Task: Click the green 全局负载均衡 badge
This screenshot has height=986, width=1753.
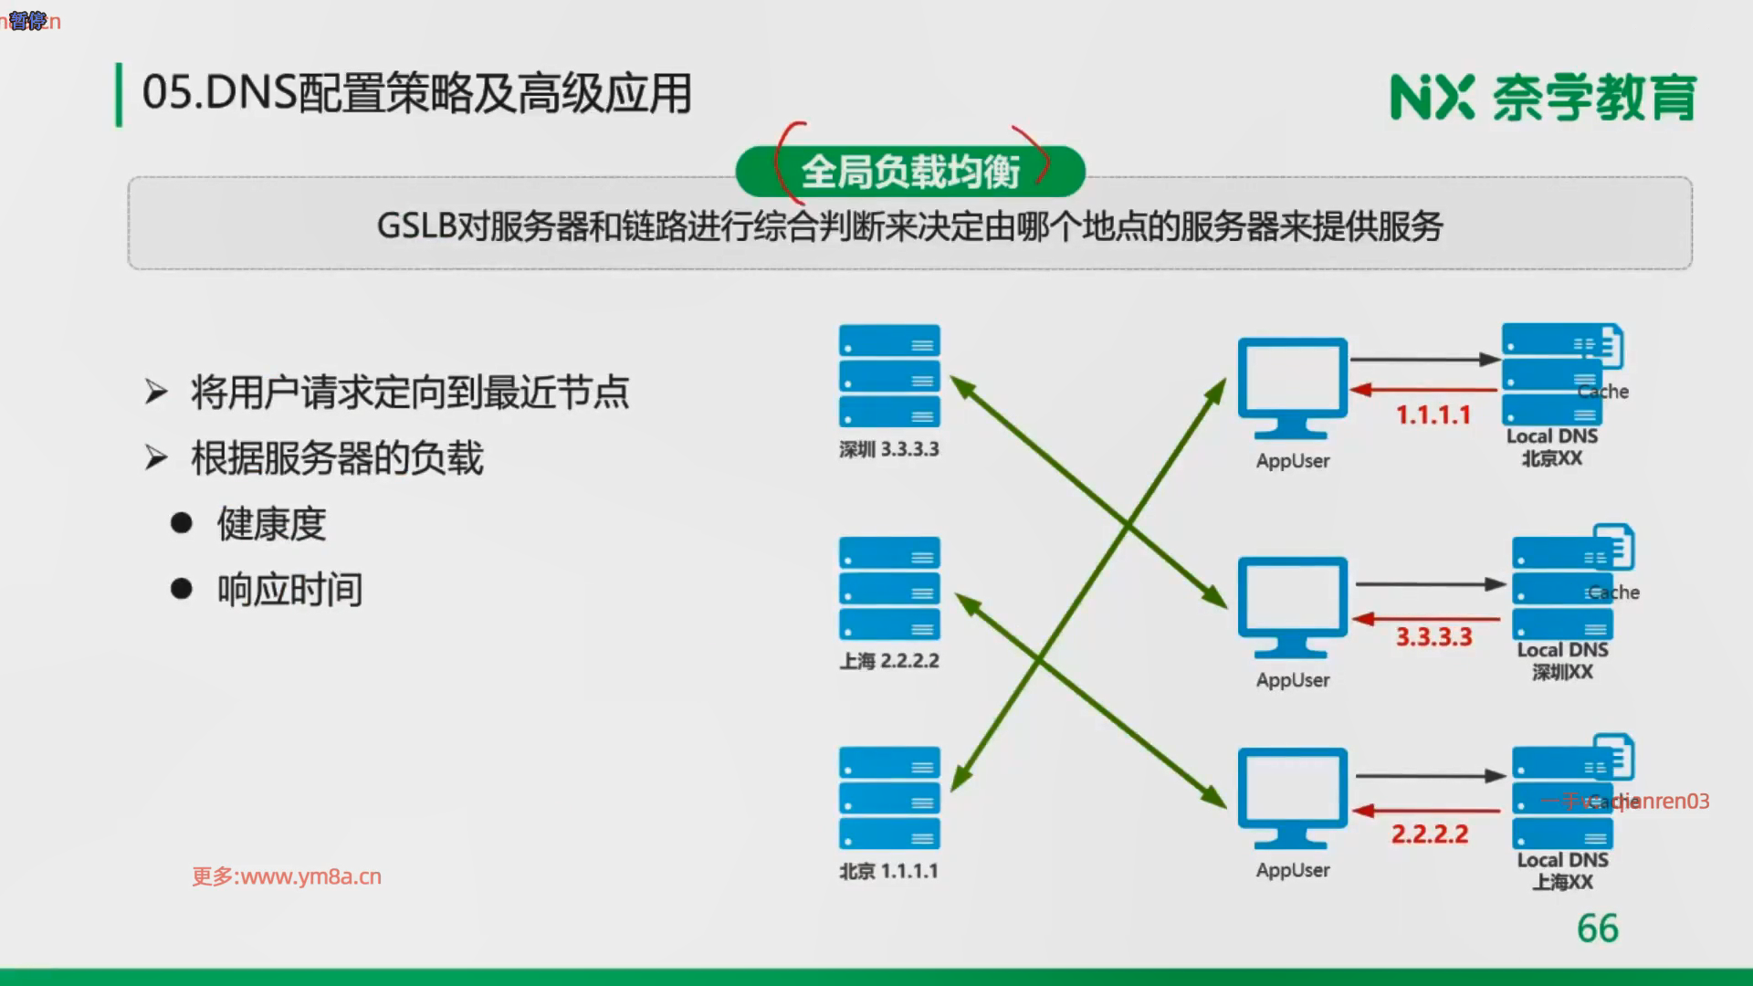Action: [x=910, y=172]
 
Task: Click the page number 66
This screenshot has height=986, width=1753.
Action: [x=1597, y=928]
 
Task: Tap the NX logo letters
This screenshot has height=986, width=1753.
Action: [x=1432, y=98]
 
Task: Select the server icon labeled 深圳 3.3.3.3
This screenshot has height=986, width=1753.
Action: [x=889, y=375]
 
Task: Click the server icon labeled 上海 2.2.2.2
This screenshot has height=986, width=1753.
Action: [x=889, y=588]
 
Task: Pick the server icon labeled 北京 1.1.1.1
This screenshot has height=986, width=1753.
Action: [x=889, y=798]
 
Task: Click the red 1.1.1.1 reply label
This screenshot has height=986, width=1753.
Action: [x=1433, y=415]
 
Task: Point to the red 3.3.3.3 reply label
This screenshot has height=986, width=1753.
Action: [x=1433, y=636]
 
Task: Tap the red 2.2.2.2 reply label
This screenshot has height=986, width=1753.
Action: [x=1430, y=834]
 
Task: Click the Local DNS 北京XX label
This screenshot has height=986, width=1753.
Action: [x=1551, y=447]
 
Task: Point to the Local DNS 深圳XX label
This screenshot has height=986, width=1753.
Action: [x=1562, y=661]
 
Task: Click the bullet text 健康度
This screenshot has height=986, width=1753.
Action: [x=271, y=524]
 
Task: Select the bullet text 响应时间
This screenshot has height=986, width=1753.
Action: [x=289, y=590]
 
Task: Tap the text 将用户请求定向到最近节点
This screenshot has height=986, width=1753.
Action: [x=409, y=393]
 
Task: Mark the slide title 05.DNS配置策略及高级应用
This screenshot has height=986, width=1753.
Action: [x=416, y=94]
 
